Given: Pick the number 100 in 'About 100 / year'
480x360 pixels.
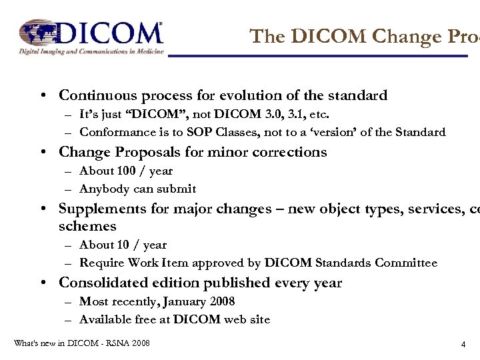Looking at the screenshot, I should point(126,171).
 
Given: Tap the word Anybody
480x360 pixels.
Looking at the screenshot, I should point(103,189).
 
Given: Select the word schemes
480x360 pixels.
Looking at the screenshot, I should point(87,226).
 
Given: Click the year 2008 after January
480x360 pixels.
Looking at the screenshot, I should point(220,301).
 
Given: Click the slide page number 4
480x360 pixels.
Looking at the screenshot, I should point(463,345).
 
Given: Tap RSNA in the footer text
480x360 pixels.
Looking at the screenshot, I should point(113,343).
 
